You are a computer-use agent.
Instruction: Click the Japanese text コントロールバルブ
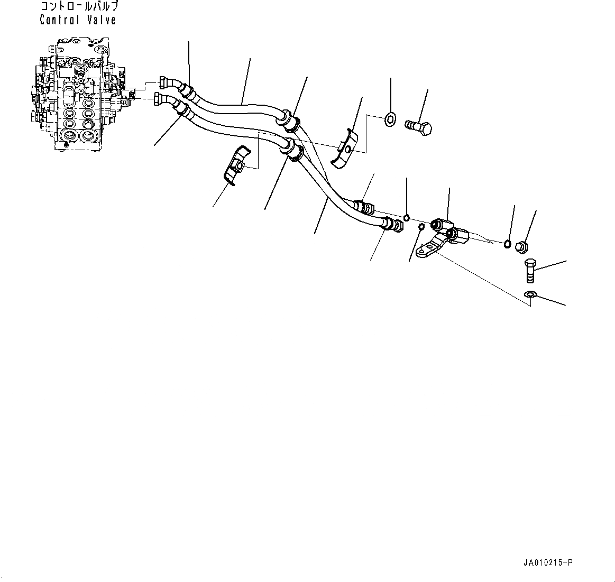tap(79, 7)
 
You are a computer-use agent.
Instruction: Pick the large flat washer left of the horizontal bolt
tap(390, 119)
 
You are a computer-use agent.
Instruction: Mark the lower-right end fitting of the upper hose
tap(365, 205)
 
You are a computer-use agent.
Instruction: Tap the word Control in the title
tap(59, 20)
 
